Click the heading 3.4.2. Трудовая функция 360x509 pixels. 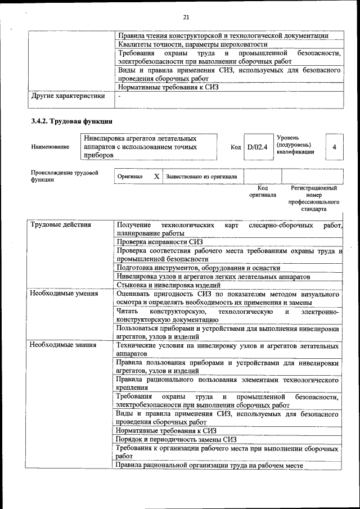pos(72,121)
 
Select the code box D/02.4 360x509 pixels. pos(257,147)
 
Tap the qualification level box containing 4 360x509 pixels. pos(334,147)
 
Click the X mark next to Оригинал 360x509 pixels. pos(156,177)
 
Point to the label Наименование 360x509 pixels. pos(51,147)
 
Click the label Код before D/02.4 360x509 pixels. pos(236,147)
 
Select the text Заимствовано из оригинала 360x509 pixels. pos(201,177)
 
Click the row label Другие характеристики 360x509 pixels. pos(68,96)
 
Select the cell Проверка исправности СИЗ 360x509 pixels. pos(160,242)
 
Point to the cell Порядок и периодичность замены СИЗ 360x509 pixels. pos(176,439)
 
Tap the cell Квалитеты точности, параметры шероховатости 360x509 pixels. pos(193,44)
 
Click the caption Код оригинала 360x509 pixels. pos(263,191)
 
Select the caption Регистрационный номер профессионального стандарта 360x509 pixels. pos(313,198)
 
